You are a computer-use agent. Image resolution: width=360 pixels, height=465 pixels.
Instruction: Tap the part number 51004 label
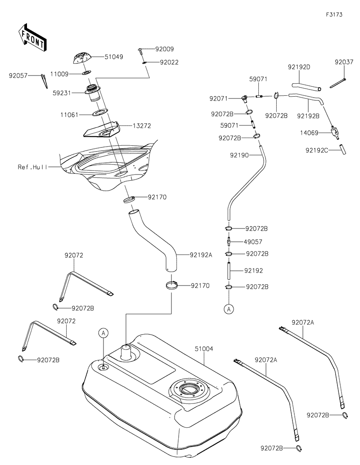[x=204, y=349]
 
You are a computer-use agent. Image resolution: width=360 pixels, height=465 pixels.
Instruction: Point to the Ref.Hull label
[x=32, y=167]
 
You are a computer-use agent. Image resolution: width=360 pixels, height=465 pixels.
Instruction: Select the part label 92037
[x=343, y=63]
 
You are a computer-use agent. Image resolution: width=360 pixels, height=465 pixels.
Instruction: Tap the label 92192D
[x=299, y=67]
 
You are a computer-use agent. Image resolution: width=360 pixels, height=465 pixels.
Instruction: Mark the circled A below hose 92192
[x=229, y=309]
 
